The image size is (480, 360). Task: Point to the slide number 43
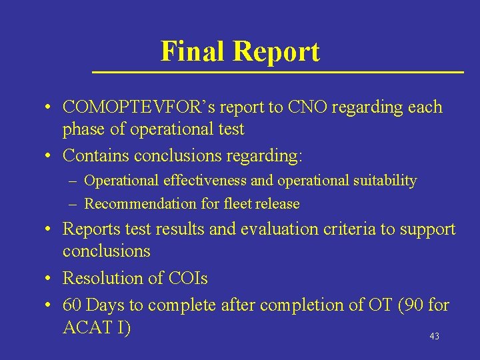click(x=434, y=337)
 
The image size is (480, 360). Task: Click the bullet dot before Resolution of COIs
click(x=49, y=279)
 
